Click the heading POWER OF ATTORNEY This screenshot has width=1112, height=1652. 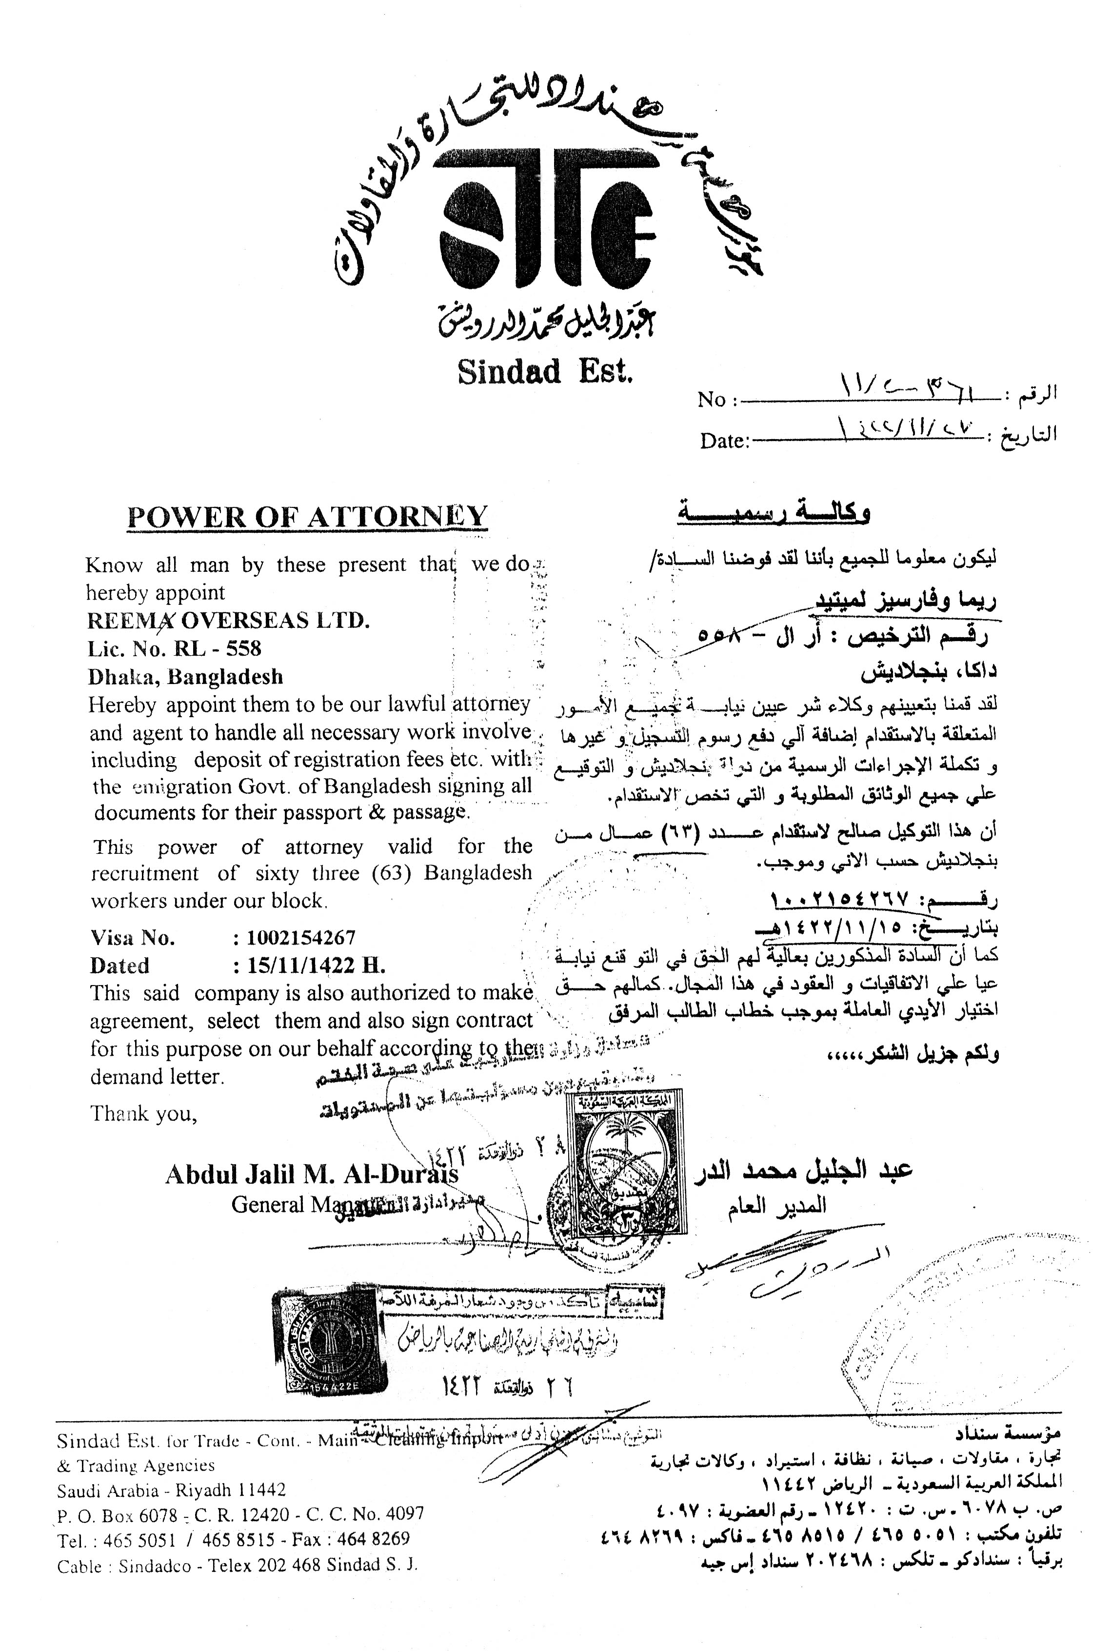tap(307, 516)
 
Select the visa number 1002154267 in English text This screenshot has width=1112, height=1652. tap(301, 938)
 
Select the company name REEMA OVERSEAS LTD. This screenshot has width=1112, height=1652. tap(228, 621)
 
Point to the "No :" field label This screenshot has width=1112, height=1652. tap(717, 400)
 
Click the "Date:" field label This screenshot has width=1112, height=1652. tap(725, 441)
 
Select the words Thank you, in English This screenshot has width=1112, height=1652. tap(143, 1114)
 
